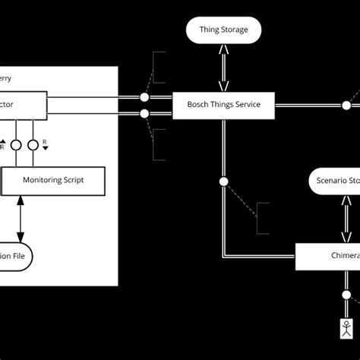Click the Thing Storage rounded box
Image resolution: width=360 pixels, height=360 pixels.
(x=223, y=30)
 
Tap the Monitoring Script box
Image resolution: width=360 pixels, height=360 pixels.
(x=53, y=180)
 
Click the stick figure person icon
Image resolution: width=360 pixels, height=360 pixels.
(x=346, y=329)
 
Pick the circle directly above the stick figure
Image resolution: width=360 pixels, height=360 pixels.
(x=346, y=295)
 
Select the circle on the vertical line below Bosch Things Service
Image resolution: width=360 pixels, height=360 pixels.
(x=223, y=182)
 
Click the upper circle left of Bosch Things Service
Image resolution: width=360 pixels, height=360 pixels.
(x=144, y=98)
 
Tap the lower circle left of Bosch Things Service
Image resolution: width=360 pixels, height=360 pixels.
(x=144, y=115)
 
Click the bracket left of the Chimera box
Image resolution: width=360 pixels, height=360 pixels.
(x=261, y=218)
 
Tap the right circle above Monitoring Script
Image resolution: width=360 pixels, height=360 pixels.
(x=32, y=144)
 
